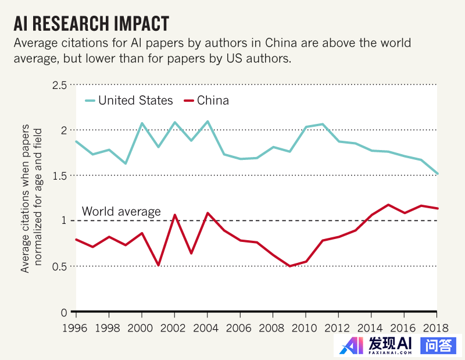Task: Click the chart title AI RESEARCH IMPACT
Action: pyautogui.click(x=92, y=23)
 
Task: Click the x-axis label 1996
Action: pyautogui.click(x=76, y=327)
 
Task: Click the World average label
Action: pyautogui.click(x=121, y=212)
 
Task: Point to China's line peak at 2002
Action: pyautogui.click(x=175, y=215)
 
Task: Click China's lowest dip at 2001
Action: pyautogui.click(x=159, y=265)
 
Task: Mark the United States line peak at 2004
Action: pyautogui.click(x=208, y=121)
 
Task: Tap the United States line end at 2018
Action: pyautogui.click(x=437, y=174)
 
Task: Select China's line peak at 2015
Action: pyautogui.click(x=388, y=205)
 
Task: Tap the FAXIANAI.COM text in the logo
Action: pyautogui.click(x=391, y=352)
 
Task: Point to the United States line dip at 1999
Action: pyautogui.click(x=126, y=163)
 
